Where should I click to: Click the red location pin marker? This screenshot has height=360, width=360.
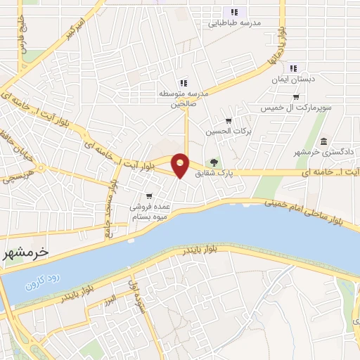pyautogui.click(x=181, y=165)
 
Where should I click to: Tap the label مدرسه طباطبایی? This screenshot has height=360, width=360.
pyautogui.click(x=231, y=22)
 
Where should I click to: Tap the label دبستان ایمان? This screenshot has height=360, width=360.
pyautogui.click(x=292, y=81)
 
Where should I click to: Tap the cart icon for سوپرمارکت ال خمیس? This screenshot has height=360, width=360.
pyautogui.click(x=295, y=97)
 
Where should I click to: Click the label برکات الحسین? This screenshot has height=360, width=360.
pyautogui.click(x=224, y=131)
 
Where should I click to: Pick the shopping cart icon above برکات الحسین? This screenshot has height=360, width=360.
pyautogui.click(x=229, y=120)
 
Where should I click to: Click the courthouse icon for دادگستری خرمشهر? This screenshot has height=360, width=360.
pyautogui.click(x=323, y=141)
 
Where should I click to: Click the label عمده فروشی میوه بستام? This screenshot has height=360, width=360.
pyautogui.click(x=147, y=212)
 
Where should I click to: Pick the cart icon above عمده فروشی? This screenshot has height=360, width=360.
pyautogui.click(x=148, y=195)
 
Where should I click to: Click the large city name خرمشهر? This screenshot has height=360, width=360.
pyautogui.click(x=25, y=250)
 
